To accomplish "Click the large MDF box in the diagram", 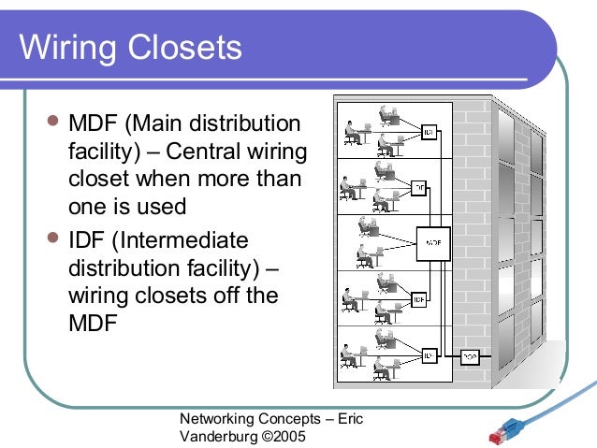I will pos(432,241).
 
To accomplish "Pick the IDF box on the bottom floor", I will pos(429,355).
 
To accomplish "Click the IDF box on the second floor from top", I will pos(419,186).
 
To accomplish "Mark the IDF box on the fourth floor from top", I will pos(419,300).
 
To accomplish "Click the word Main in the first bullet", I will pos(161,123).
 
